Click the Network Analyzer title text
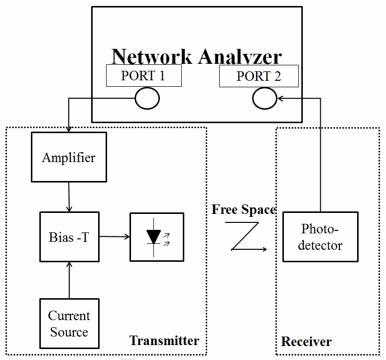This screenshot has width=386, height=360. (197, 56)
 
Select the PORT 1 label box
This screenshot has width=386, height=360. (143, 76)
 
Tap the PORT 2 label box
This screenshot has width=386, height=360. (258, 76)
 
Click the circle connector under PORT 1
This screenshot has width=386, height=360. (147, 99)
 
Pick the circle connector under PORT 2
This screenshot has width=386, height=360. (264, 99)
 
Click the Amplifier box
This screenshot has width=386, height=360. (69, 157)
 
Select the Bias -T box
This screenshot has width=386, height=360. (69, 237)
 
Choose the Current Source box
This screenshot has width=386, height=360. (69, 324)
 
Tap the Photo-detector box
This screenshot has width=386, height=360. (320, 237)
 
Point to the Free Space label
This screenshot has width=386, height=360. (244, 209)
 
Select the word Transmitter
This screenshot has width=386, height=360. (164, 341)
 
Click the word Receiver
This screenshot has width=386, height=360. (306, 342)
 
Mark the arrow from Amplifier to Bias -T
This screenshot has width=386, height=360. (69, 197)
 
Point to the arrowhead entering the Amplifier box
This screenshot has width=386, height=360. (69, 130)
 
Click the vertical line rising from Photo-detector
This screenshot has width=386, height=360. (320, 155)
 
